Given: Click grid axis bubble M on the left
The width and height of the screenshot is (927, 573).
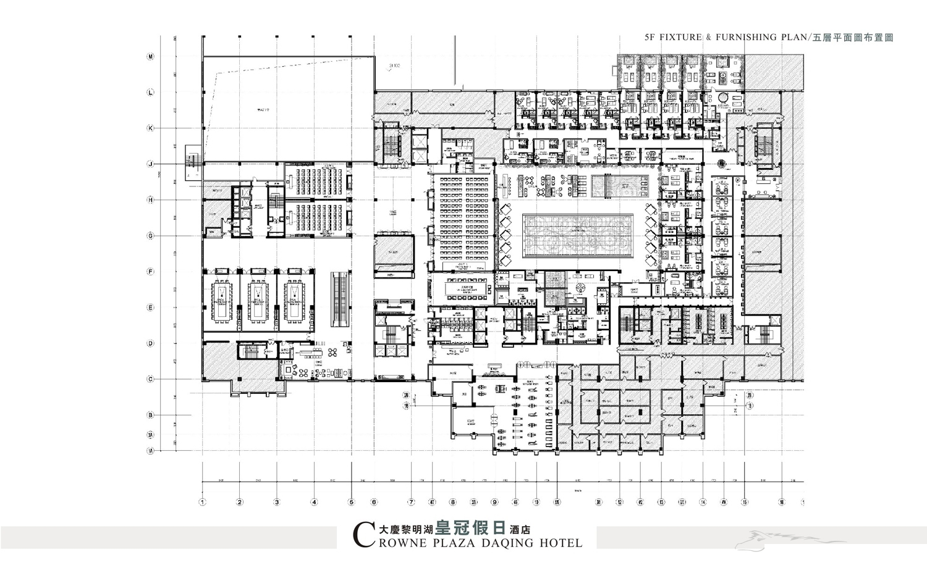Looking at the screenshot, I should (x=150, y=57).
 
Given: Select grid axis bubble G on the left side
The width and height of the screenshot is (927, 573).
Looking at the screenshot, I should (x=150, y=236).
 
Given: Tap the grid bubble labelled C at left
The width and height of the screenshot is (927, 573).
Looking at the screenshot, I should (x=150, y=379).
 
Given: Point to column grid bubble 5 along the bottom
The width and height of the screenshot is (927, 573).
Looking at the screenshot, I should (x=351, y=502).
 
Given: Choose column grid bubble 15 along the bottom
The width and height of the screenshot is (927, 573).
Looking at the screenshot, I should (x=745, y=502).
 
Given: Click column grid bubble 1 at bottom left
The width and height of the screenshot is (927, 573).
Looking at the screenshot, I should (x=202, y=502).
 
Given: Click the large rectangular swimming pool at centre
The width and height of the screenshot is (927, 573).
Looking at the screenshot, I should (x=578, y=236).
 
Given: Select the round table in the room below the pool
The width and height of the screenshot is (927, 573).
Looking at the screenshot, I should (x=581, y=288).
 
